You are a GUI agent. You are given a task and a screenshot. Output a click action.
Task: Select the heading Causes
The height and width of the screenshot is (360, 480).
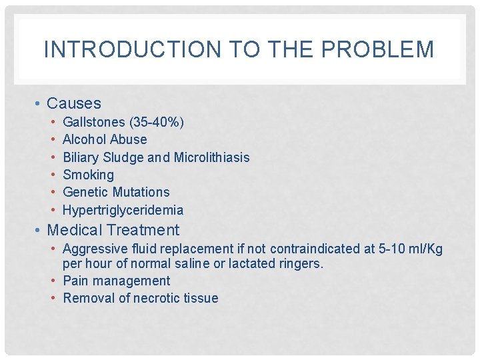click(74, 103)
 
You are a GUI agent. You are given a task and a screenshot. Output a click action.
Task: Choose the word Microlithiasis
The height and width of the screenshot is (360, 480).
click(211, 157)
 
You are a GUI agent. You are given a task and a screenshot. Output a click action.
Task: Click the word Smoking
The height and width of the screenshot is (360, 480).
click(88, 175)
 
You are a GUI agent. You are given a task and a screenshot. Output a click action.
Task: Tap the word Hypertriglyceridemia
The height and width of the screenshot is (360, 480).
click(123, 210)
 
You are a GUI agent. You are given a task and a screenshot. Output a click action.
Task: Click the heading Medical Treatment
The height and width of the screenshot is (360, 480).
click(113, 230)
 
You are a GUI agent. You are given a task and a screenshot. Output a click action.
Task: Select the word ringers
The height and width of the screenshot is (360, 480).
click(301, 263)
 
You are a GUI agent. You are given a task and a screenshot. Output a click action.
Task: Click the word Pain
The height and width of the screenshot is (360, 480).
click(75, 281)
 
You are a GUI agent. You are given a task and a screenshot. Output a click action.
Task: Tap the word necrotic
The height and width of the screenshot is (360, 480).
click(159, 298)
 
